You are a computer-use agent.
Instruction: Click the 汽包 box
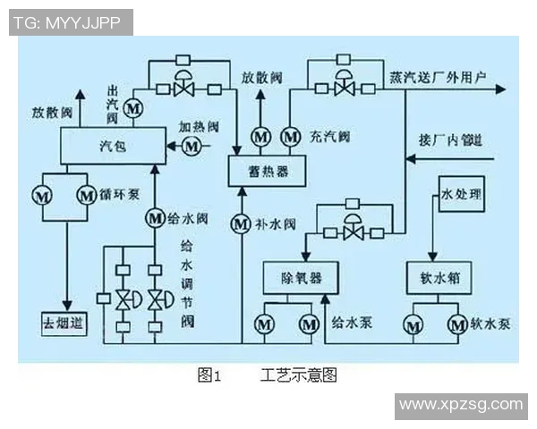pos(111,144)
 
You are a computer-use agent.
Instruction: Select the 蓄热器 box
pos(266,168)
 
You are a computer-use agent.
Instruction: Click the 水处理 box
pos(461,193)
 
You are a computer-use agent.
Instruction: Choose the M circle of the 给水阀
pos(154,216)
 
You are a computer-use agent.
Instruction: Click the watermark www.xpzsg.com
pos(460,405)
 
